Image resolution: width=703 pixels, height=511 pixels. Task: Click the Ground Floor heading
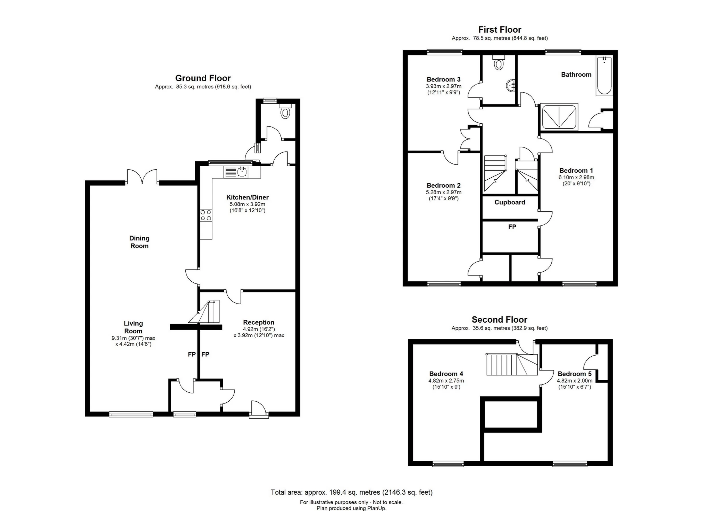[x=203, y=78]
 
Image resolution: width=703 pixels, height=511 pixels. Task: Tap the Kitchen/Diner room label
[x=248, y=197]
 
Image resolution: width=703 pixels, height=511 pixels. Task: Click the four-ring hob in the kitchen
[x=206, y=215]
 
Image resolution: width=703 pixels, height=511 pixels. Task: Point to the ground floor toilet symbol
[x=285, y=111]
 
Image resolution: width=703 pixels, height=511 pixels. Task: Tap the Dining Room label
[x=139, y=242]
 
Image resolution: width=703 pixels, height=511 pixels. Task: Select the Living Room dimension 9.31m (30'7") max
[x=133, y=338]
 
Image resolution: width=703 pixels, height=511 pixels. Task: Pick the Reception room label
[x=259, y=322]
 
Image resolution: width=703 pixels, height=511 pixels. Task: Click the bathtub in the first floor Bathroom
[x=604, y=75]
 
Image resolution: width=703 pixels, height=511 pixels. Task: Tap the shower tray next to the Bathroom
[x=559, y=117]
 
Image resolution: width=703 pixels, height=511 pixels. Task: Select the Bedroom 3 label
[x=444, y=79]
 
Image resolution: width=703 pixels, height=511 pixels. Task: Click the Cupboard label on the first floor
[x=510, y=202]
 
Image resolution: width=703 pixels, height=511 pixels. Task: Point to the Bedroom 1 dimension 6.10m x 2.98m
[x=576, y=177]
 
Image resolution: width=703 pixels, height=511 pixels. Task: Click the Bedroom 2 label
[x=444, y=185]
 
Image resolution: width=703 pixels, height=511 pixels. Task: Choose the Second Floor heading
[x=499, y=320]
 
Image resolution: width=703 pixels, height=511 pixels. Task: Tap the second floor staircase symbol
[x=512, y=364]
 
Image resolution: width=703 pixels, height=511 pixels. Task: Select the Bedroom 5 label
[x=575, y=374]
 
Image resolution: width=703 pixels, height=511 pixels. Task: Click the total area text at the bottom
[x=352, y=492]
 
